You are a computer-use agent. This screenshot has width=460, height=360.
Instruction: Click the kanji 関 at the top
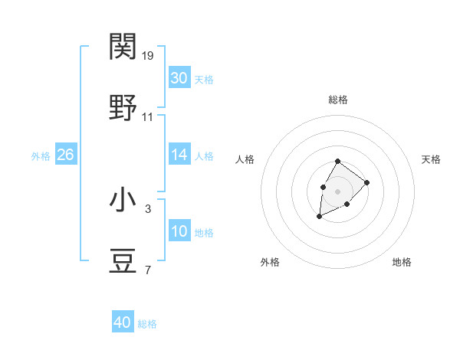[x=123, y=47]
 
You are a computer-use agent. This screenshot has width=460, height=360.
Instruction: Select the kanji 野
[x=123, y=108]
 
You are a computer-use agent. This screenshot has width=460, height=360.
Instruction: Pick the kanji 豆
[x=123, y=261]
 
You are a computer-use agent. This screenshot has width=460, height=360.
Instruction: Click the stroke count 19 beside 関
[x=148, y=56]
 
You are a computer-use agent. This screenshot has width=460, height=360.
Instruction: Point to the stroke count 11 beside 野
[x=148, y=117]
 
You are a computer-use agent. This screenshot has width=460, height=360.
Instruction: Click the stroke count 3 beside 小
[x=148, y=208]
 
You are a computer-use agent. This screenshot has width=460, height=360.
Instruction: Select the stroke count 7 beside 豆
[x=148, y=270]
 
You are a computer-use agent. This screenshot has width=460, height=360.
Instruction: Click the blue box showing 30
[x=179, y=78]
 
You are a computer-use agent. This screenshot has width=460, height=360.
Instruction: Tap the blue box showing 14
[x=179, y=155]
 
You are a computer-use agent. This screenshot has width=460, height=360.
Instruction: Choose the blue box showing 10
[x=179, y=231]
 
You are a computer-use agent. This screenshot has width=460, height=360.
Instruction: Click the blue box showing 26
[x=65, y=155]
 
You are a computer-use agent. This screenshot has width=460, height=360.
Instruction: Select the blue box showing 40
[x=123, y=322]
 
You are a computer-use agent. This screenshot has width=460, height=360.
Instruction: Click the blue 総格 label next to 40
[x=147, y=324]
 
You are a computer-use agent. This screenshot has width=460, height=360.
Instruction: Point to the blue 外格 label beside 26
[x=41, y=156]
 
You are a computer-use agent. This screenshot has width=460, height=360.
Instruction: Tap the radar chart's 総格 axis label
[x=338, y=100]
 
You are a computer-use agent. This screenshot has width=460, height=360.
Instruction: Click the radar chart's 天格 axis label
[x=432, y=159]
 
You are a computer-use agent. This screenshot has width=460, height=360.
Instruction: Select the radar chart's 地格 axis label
[x=402, y=262]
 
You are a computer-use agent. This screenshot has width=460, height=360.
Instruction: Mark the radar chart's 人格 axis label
[x=245, y=159]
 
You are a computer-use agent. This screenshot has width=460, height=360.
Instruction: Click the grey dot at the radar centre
[x=338, y=190]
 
